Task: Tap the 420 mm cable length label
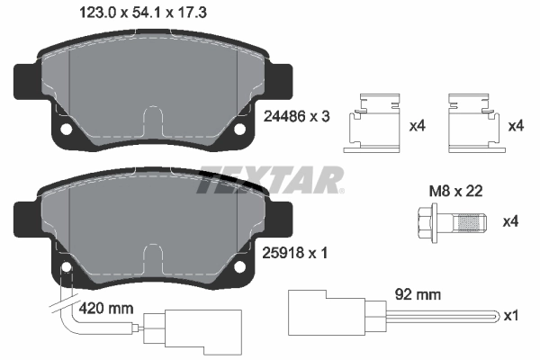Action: pos(106,309)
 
